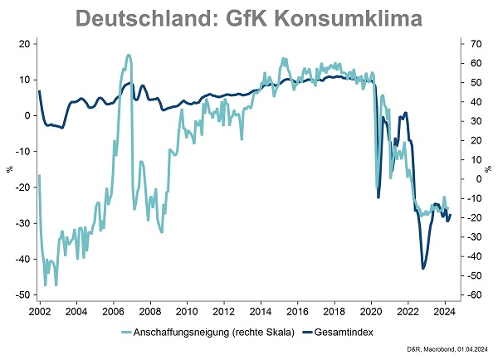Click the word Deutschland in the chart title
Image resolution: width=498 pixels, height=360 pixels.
pyautogui.click(x=144, y=18)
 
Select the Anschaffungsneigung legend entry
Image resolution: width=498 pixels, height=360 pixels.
pyautogui.click(x=208, y=333)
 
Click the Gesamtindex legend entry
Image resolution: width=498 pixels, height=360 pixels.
pyautogui.click(x=338, y=333)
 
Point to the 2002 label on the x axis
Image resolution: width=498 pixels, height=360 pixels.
pyautogui.click(x=40, y=312)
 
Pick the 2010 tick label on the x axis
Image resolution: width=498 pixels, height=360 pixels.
pyautogui.click(x=187, y=312)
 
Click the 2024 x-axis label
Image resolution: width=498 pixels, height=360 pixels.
pyautogui.click(x=445, y=312)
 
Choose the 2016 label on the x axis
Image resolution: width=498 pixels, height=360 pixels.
pyautogui.click(x=297, y=312)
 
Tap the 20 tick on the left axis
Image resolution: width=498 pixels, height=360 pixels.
pyautogui.click(x=24, y=44)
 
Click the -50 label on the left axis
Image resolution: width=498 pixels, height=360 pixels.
pyautogui.click(x=22, y=294)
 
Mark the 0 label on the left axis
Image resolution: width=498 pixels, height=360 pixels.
pyautogui.click(x=27, y=115)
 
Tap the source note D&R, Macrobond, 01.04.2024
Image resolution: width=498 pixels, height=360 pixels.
pyautogui.click(x=447, y=349)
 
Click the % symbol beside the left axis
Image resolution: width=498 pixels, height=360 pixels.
pyautogui.click(x=9, y=169)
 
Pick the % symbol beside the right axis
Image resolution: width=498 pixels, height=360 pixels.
pyautogui.click(x=488, y=169)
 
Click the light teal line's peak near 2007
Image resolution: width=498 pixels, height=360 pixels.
pyautogui.click(x=129, y=56)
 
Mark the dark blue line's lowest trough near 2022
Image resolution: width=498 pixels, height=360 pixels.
pyautogui.click(x=422, y=269)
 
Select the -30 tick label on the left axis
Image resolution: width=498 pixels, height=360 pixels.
pyautogui.click(x=22, y=223)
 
